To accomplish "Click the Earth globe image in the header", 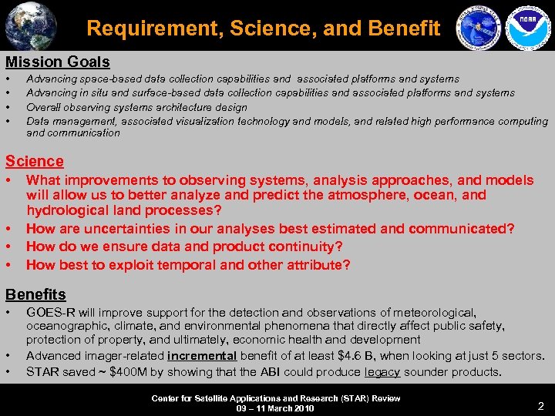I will (x=29, y=25).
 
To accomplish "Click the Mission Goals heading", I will (x=58, y=62).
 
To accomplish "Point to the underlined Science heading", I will (x=35, y=161).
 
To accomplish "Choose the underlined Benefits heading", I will (x=35, y=294).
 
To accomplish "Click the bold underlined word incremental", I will (x=202, y=356).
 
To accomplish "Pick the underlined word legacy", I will (x=382, y=372).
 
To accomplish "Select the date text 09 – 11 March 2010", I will (x=275, y=408).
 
